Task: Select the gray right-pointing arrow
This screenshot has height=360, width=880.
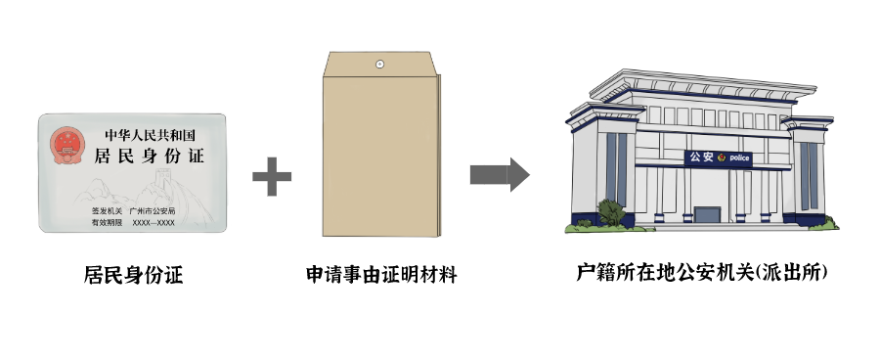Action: coord(499,175)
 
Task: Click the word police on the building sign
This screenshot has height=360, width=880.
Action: coord(737,157)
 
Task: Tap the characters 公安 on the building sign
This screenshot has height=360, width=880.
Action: coord(701,157)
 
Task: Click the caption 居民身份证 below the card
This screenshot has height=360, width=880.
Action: coord(133,275)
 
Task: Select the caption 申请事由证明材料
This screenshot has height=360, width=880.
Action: coord(380,275)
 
